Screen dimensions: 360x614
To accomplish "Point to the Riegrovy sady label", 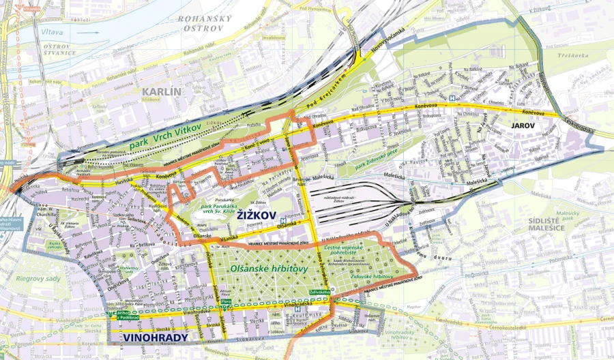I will pyautogui.click(x=33, y=278).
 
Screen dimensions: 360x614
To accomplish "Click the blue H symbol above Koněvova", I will pyautogui.click(x=452, y=97).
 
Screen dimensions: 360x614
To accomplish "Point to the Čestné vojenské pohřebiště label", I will pyautogui.click(x=349, y=254).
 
